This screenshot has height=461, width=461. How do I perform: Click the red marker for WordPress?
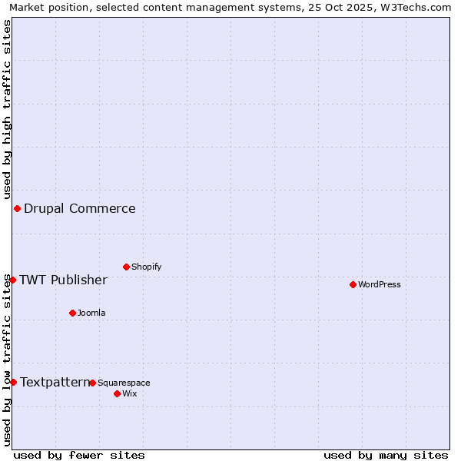[x=353, y=284]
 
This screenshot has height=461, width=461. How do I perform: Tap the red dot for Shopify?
[x=126, y=267]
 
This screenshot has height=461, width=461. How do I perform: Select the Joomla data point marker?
[x=72, y=313]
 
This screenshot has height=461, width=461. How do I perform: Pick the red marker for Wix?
[x=117, y=393]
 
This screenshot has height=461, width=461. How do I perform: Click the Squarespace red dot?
[x=92, y=383]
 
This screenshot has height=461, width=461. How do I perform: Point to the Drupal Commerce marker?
[x=17, y=208]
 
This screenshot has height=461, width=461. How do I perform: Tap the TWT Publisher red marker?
[x=12, y=280]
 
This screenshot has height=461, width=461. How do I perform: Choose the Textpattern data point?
[x=13, y=382]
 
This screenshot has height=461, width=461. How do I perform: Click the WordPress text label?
[x=380, y=284]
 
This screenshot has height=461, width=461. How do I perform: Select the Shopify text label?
[x=146, y=267]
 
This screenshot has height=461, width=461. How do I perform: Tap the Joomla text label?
[x=91, y=313]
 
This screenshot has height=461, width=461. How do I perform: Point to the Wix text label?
[x=129, y=393]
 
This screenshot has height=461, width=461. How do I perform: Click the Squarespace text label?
[x=124, y=383]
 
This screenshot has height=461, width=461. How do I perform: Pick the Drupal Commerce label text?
[x=80, y=208]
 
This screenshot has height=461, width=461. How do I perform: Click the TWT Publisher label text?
[x=63, y=280]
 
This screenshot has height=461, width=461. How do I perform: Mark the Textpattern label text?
[x=54, y=382]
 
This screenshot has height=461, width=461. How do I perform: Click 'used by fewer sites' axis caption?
[x=79, y=455]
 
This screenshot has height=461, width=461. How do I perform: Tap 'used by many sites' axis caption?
[x=386, y=455]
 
